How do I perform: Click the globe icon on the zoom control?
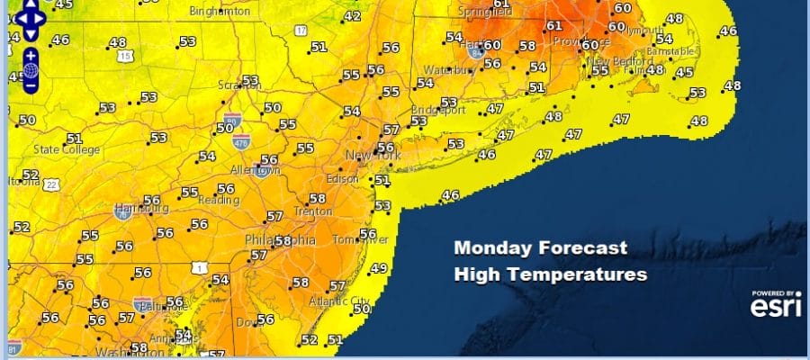(x=31, y=69)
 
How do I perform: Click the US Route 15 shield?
(x=126, y=57)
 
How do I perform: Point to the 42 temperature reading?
(x=353, y=16)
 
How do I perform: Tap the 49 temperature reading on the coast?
(x=379, y=268)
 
